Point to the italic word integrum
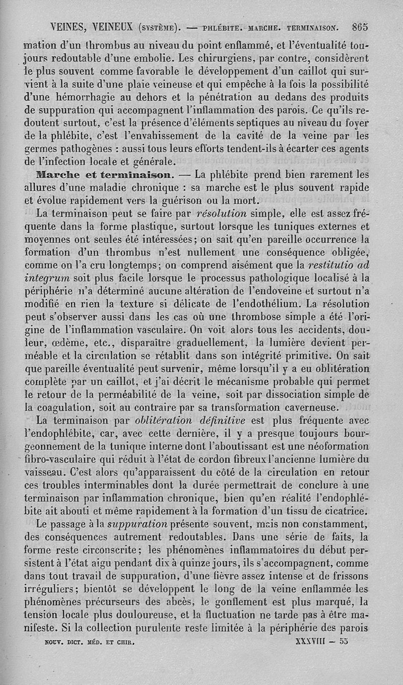47,278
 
